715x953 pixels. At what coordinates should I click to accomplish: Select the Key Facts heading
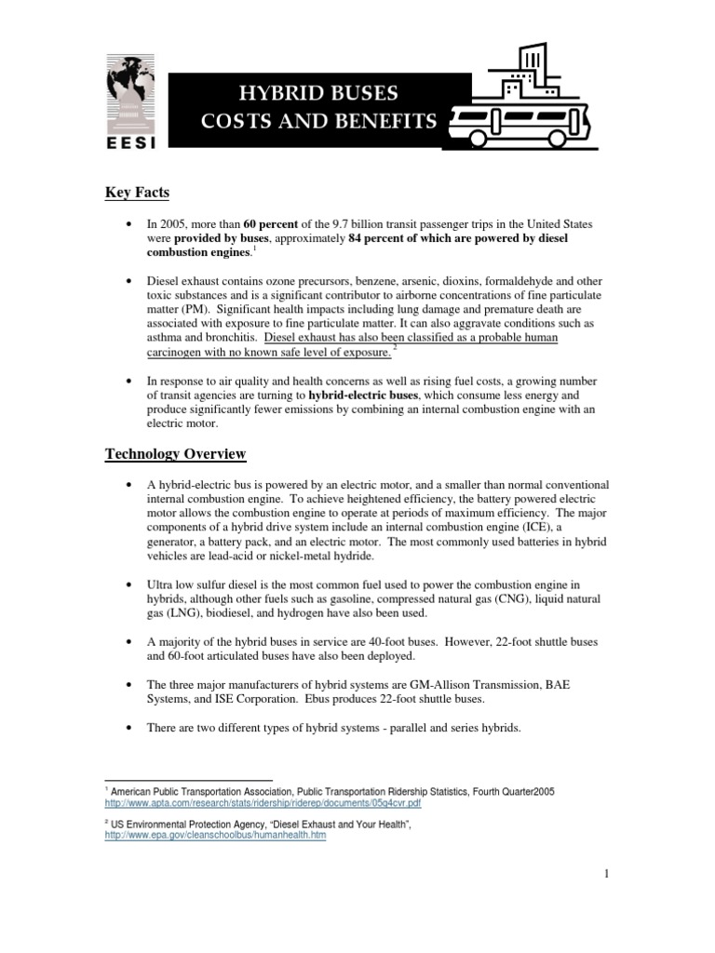pos(136,193)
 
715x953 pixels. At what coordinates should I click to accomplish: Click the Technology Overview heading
pos(175,453)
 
